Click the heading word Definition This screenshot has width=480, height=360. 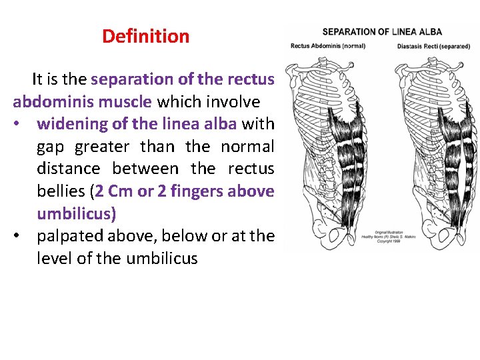coord(145,36)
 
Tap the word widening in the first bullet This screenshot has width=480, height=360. coord(70,123)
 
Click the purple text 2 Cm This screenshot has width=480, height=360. coord(114,191)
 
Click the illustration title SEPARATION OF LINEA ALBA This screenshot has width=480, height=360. coord(382,31)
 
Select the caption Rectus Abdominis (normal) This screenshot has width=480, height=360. coord(327,46)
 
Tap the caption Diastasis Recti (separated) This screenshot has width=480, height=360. coord(434,46)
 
